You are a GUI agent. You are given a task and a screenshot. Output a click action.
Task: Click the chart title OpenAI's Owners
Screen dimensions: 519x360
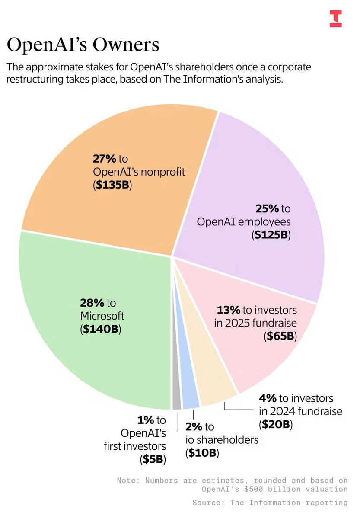pyautogui.click(x=83, y=45)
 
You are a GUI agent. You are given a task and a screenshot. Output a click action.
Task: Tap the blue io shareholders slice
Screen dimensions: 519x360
pyautogui.click(x=190, y=400)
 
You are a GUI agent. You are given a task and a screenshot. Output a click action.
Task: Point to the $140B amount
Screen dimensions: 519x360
pyautogui.click(x=102, y=329)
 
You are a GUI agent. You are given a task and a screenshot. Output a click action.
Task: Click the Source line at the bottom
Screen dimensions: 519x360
pyautogui.click(x=270, y=502)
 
